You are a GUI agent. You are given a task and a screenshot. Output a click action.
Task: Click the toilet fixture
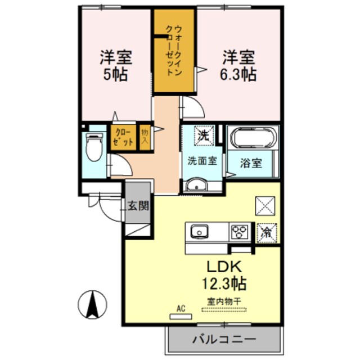click(93, 147)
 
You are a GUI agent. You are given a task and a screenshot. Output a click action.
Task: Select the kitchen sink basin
click(200, 231)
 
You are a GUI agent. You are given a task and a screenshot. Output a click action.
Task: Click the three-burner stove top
click(240, 231)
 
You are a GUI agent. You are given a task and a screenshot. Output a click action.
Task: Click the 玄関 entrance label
click(138, 205)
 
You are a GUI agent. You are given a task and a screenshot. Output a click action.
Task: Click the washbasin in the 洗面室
click(197, 185)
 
